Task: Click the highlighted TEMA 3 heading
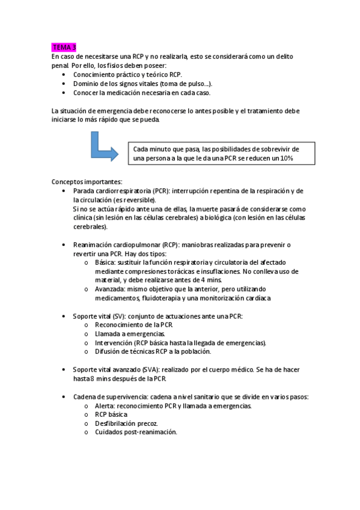tap(64, 47)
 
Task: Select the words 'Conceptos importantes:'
tap(87, 182)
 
